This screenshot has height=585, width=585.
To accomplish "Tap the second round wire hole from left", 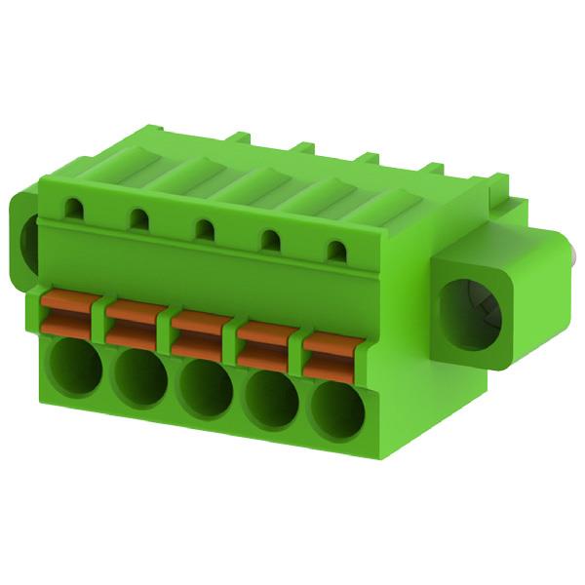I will pyautogui.click(x=138, y=376).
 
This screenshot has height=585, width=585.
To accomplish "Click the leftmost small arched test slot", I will pyautogui.click(x=73, y=206).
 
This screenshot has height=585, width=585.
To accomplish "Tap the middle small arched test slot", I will pyautogui.click(x=205, y=229).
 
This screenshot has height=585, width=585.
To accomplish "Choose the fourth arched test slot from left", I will pyautogui.click(x=272, y=240).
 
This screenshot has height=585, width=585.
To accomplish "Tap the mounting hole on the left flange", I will pyautogui.click(x=29, y=240).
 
